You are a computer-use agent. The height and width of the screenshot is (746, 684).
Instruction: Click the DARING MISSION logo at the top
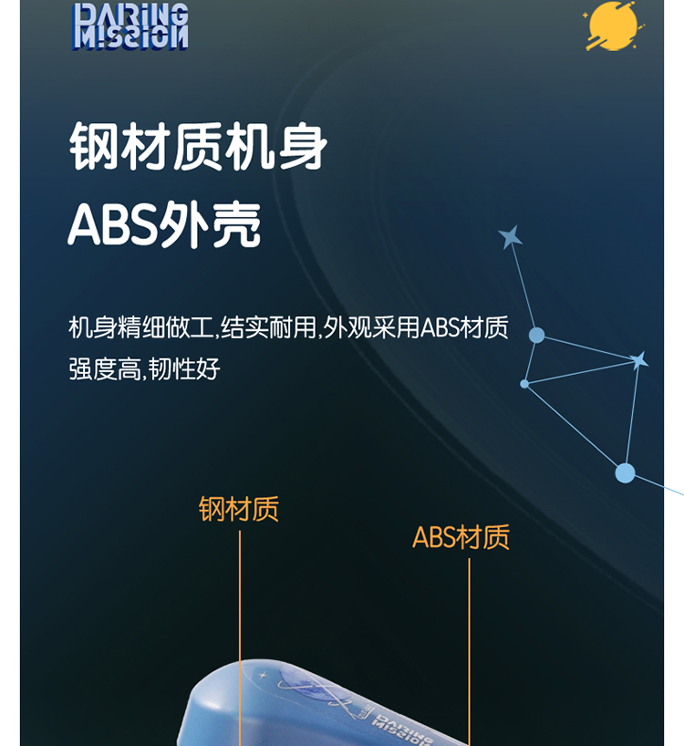tap(130, 26)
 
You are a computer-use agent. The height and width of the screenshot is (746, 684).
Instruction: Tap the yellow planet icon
tap(613, 26)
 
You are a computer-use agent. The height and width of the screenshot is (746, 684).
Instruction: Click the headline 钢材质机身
tap(198, 146)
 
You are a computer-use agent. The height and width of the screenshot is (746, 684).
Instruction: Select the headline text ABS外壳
tap(164, 224)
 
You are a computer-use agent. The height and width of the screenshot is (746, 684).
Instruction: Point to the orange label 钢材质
tap(238, 509)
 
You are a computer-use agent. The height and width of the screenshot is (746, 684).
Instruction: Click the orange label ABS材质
tap(461, 537)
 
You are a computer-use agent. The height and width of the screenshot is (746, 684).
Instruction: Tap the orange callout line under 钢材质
tap(240, 638)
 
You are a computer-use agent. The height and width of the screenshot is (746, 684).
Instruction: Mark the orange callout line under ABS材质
tap(469, 652)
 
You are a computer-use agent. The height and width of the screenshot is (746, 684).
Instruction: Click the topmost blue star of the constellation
tap(511, 236)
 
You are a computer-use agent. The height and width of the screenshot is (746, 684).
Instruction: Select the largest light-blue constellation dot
tap(625, 473)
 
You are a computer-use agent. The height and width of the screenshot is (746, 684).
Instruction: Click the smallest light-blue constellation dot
tap(524, 383)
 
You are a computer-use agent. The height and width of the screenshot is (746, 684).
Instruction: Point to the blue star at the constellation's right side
tap(638, 360)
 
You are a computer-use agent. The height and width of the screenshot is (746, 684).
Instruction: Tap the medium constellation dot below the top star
tap(536, 335)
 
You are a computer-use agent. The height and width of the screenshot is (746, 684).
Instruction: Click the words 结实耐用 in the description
tap(268, 327)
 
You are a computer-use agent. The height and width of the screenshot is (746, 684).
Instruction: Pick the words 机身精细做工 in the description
tap(140, 327)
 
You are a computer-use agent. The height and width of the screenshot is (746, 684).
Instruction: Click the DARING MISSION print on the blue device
tap(402, 729)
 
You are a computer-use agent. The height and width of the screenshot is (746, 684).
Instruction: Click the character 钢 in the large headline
tap(94, 146)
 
